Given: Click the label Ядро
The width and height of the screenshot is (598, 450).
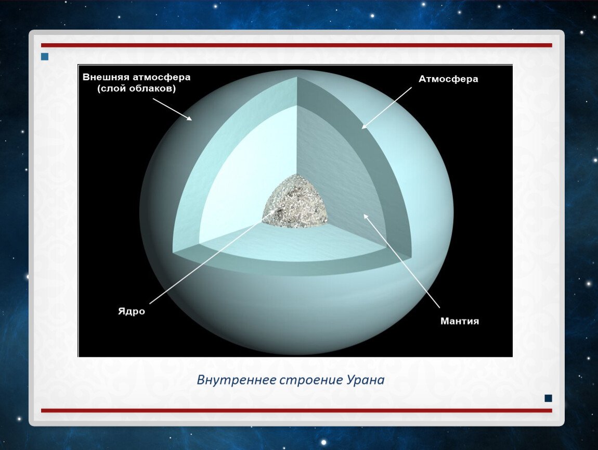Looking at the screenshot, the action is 132,311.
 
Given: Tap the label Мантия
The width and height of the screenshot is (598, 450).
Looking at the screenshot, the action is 460,321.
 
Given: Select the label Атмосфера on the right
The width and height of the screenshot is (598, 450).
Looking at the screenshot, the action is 448,79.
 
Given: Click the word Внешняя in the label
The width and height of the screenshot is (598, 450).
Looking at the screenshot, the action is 106,77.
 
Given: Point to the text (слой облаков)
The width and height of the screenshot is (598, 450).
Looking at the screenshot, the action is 137,89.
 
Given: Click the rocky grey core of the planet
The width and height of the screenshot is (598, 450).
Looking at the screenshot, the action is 295,202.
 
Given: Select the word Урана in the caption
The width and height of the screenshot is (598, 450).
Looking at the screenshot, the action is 366,380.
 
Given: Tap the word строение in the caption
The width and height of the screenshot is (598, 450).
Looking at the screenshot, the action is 311,380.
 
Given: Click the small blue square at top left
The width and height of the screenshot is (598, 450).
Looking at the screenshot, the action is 45,57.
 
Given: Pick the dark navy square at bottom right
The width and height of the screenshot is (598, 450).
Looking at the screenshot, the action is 548,398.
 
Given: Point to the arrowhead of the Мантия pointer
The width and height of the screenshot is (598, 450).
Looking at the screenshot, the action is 366,216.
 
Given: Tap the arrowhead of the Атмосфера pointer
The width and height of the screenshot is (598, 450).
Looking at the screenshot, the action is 363,127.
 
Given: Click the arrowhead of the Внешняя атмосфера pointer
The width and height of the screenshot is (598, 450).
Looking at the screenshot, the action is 189,118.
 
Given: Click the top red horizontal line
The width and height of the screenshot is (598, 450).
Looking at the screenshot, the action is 296,45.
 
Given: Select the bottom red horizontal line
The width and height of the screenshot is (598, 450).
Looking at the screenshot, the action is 296,410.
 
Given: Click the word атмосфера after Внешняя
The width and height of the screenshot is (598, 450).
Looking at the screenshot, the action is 161,77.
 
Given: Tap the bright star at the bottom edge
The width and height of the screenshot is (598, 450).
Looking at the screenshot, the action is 324,442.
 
